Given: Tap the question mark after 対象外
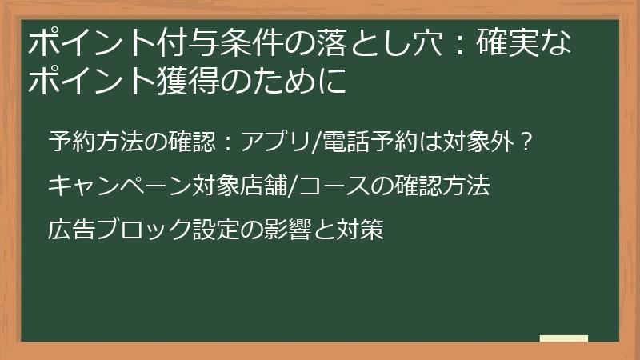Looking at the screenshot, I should click(x=525, y=143).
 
